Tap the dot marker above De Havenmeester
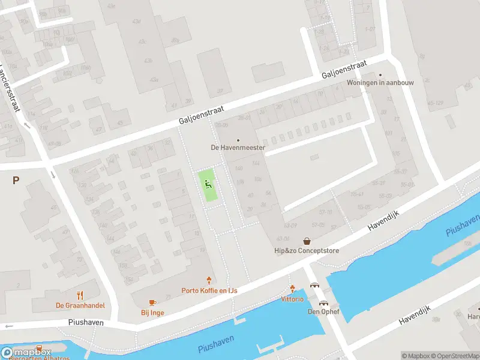point(238,140)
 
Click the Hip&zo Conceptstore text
point(307,250)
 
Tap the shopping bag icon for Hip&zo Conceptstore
point(307,241)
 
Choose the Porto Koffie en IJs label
point(209,290)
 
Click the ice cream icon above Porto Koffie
point(209,280)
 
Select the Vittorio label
point(292,298)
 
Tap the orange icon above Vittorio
point(292,289)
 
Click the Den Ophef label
point(324,311)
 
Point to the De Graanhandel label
point(80,305)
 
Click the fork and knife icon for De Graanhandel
point(80,295)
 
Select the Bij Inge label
point(152,312)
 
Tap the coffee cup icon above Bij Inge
point(152,302)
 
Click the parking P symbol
point(16,180)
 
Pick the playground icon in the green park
point(208,184)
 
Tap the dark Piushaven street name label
point(85,322)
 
